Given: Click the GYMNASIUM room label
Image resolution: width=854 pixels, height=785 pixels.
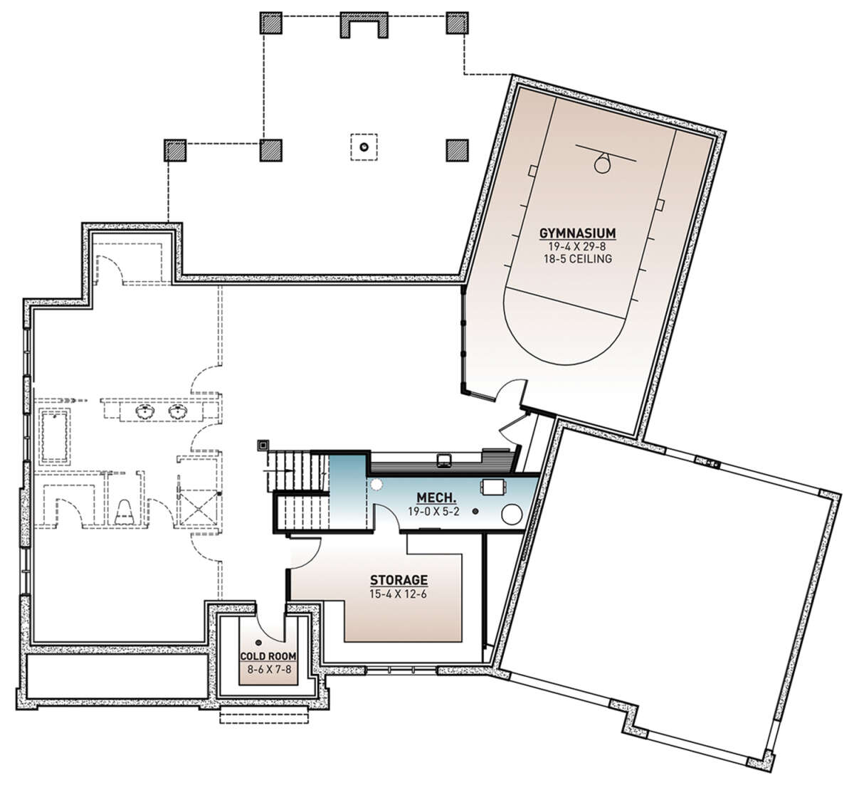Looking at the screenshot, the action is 577,233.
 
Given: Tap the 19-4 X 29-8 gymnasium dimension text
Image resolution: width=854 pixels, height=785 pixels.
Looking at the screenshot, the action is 578,246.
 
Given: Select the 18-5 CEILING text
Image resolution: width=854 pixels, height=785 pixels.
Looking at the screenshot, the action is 578,258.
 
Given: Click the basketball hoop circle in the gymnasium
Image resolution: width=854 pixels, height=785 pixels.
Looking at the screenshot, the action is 602,165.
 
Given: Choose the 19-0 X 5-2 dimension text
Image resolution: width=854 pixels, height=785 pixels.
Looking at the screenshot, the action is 434,512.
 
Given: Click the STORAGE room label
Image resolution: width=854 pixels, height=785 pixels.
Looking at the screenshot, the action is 399,580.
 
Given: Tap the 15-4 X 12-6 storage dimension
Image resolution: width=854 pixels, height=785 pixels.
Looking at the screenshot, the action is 398,594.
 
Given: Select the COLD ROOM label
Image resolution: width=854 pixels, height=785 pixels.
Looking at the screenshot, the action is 268,656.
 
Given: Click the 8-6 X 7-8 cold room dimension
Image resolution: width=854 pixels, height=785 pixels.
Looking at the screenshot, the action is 270,670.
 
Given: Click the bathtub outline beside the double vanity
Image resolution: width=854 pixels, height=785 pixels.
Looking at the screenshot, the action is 54,436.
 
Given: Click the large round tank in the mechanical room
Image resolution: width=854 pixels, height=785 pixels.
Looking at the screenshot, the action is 512,515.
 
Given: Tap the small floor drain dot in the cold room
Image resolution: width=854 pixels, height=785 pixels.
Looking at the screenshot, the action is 258,643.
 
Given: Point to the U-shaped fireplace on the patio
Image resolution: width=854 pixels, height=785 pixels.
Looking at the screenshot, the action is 364,25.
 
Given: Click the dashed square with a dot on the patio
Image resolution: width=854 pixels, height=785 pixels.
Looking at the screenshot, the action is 364,147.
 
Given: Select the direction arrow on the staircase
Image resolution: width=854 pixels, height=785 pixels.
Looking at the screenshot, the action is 278,470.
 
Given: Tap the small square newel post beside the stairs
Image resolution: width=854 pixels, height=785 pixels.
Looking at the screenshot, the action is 263,446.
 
